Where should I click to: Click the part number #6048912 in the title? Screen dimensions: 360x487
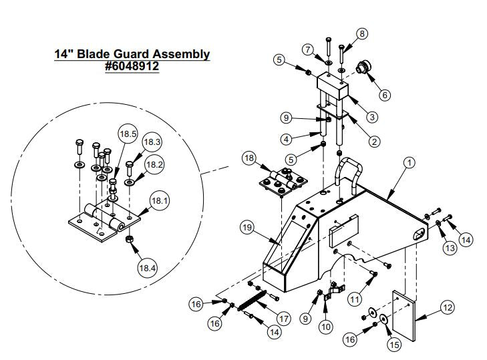(x=132, y=67)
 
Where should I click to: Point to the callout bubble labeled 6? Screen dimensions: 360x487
(x=385, y=95)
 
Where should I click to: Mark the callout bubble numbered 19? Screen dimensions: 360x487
(x=247, y=227)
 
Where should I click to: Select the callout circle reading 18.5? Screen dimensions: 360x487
(x=128, y=134)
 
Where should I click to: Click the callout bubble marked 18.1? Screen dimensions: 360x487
(x=158, y=199)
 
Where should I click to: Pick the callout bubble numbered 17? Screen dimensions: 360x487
(x=283, y=318)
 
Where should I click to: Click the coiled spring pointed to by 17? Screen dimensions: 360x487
(x=255, y=303)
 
